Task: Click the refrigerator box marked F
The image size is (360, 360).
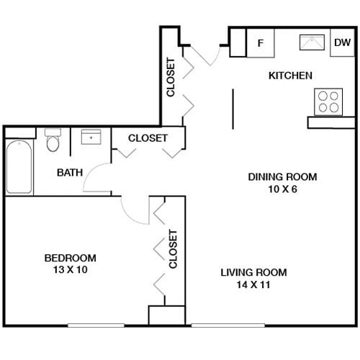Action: pos(261,43)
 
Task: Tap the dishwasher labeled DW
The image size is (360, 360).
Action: pos(341,42)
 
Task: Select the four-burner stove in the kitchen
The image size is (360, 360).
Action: pos(328,102)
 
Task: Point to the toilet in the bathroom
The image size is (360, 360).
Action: pos(53,141)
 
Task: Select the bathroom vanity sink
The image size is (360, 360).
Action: pos(91,137)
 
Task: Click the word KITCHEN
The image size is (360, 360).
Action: pos(290,76)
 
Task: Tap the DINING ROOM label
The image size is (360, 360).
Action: pos(282,176)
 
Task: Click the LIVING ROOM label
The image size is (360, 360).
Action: pos(253,272)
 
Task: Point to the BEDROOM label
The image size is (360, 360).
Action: pos(70,258)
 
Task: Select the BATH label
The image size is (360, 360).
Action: pos(70,172)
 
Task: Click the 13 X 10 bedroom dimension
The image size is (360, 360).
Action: pos(70,270)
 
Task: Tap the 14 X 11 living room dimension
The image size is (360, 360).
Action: pos(253,284)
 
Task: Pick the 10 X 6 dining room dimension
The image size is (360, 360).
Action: pos(282,189)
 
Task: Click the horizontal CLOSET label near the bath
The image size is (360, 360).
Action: pos(148,138)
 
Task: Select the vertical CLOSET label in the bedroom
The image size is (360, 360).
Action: pos(173,248)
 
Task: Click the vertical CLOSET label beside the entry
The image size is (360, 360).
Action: pos(171,77)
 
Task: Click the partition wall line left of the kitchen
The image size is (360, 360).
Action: pos(233,109)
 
